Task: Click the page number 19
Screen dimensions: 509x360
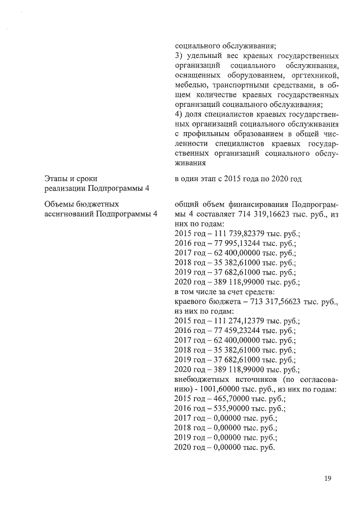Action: tap(327, 479)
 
